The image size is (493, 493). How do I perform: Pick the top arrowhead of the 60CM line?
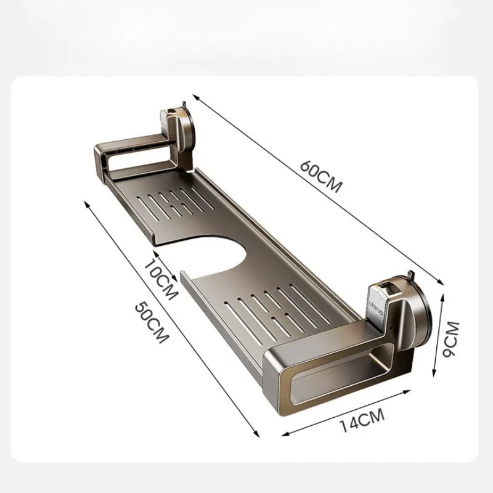195,96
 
